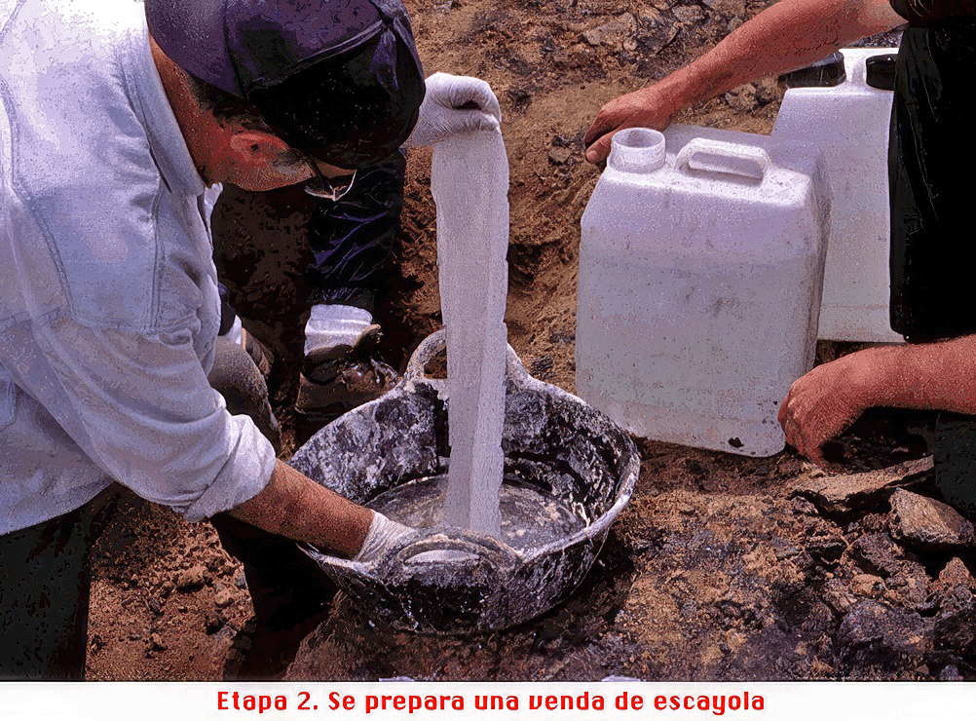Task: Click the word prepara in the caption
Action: point(415,702)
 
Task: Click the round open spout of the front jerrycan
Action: point(637,149)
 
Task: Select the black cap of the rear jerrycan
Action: point(881,71)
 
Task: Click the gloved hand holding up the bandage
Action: point(453,107)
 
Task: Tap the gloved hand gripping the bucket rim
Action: point(389,539)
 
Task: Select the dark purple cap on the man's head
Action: point(292,62)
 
